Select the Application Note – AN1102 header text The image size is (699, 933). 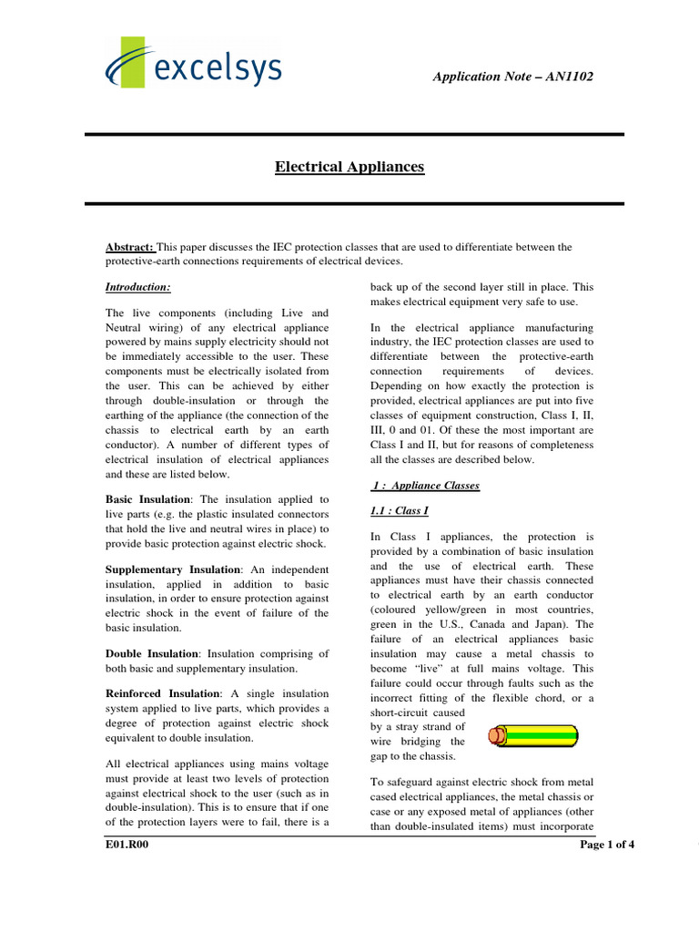pyautogui.click(x=512, y=77)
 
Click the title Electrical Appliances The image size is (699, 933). pyautogui.click(x=349, y=167)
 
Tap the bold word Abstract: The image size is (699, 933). pyautogui.click(x=131, y=247)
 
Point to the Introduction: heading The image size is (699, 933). pyautogui.click(x=138, y=287)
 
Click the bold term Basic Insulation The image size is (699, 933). pyautogui.click(x=148, y=499)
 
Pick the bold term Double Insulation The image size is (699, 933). pyautogui.click(x=152, y=653)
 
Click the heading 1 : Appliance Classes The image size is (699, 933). pyautogui.click(x=426, y=486)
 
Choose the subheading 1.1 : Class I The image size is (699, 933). pyautogui.click(x=393, y=511)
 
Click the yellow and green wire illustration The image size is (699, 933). pyautogui.click(x=532, y=735)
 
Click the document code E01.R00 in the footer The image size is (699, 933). pyautogui.click(x=127, y=845)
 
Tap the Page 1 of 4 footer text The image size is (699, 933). pyautogui.click(x=607, y=845)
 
